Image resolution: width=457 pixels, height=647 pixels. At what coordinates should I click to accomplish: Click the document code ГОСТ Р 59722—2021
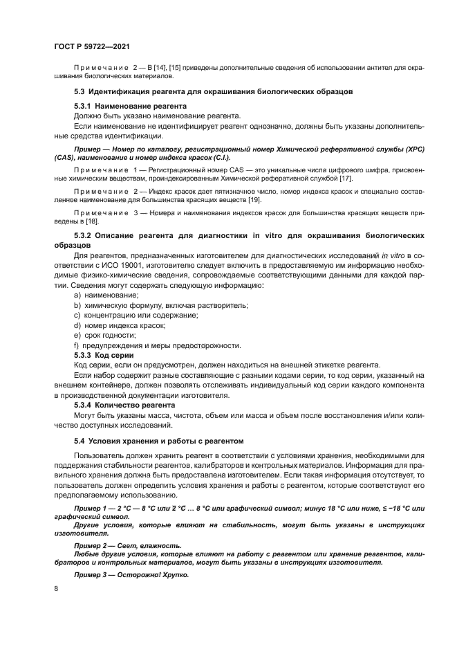point(92,44)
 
